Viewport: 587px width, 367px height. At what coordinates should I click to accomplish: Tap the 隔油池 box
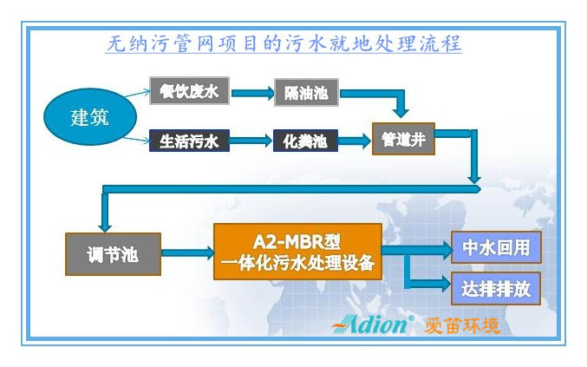pyautogui.click(x=306, y=92)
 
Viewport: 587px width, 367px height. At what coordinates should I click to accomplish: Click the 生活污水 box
pyautogui.click(x=189, y=141)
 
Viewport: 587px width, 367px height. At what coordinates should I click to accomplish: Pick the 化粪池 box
pyautogui.click(x=305, y=141)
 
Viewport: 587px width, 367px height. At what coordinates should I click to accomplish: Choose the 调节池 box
pyautogui.click(x=113, y=253)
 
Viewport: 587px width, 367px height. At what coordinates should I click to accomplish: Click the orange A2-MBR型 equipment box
pyautogui.click(x=297, y=251)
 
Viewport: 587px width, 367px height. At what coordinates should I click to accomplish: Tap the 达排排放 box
pyautogui.click(x=496, y=287)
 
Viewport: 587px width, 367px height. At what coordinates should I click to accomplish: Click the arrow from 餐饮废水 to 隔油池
pyautogui.click(x=251, y=92)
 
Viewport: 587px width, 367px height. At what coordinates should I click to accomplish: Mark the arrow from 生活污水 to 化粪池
pyautogui.click(x=251, y=141)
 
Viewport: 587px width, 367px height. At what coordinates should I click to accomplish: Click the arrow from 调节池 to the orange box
pyautogui.click(x=187, y=253)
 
